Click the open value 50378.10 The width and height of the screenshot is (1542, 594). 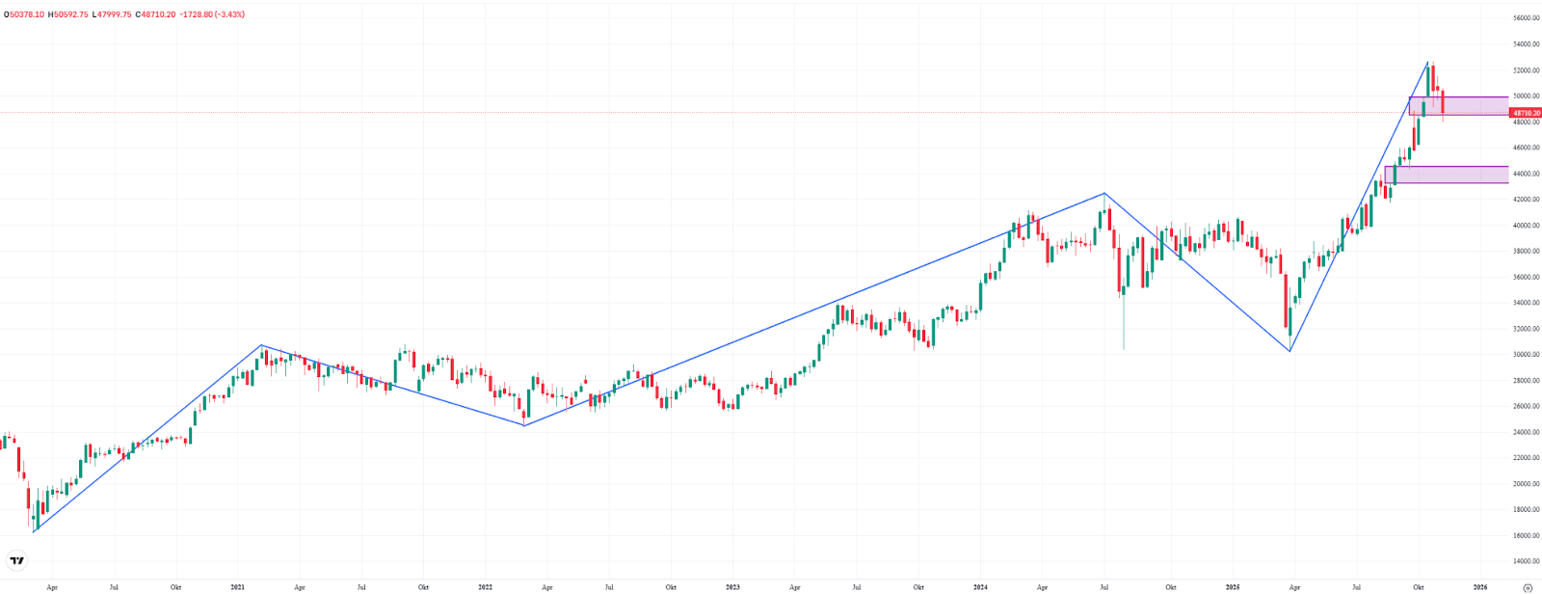point(27,14)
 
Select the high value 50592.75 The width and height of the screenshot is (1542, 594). point(70,14)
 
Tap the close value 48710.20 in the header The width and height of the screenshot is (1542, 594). point(157,14)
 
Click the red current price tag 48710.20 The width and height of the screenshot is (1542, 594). point(1526,113)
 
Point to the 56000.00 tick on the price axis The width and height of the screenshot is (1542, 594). point(1525,18)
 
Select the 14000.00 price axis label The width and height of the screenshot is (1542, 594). point(1525,561)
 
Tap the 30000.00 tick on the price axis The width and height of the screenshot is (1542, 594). point(1525,355)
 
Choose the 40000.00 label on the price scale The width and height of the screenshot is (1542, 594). point(1525,226)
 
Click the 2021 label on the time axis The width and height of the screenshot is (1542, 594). point(238,586)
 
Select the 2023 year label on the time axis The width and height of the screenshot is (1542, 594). point(732,586)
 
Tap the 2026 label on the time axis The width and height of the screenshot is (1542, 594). point(1479,586)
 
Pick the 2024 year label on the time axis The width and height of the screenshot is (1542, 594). point(980,586)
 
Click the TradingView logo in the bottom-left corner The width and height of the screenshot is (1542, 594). point(16,560)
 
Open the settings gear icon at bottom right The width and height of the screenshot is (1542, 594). point(1527,586)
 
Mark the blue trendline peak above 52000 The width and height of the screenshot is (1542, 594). point(1427,62)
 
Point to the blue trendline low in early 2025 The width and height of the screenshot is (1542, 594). point(1289,351)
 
